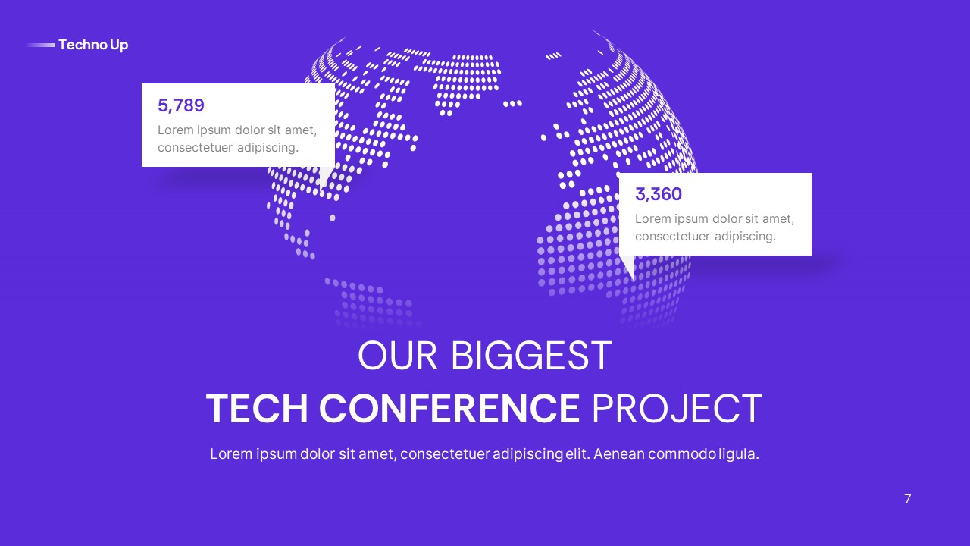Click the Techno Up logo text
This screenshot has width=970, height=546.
(x=93, y=45)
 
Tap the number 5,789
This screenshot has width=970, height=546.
(x=181, y=105)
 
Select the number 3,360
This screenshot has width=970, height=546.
(x=659, y=194)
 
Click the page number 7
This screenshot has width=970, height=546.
(x=908, y=499)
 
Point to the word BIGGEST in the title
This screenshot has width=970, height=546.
(x=530, y=356)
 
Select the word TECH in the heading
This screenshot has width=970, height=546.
(x=258, y=409)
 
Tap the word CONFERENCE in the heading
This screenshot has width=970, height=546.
(x=449, y=409)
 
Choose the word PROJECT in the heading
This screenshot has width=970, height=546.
(x=676, y=409)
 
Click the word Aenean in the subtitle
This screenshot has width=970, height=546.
(x=618, y=454)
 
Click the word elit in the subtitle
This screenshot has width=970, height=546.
(x=577, y=454)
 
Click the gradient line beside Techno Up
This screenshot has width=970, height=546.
(x=41, y=45)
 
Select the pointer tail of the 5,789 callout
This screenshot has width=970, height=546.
(x=324, y=177)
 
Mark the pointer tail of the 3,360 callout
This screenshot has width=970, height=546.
(x=628, y=266)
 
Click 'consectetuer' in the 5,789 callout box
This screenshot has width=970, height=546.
(x=195, y=147)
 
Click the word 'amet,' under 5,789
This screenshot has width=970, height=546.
(x=301, y=130)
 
